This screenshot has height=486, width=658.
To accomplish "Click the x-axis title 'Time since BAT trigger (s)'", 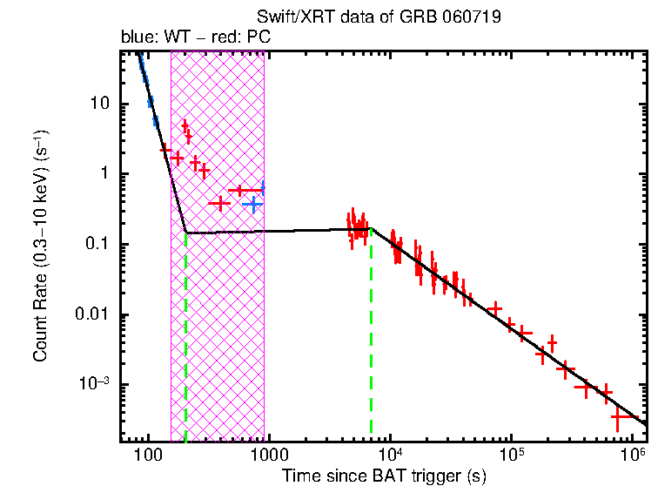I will (x=383, y=476).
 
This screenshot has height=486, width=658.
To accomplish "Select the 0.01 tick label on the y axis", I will (x=91, y=315).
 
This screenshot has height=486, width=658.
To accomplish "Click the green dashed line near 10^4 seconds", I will (x=372, y=331).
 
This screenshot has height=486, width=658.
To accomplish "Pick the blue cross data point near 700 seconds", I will (x=252, y=205).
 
